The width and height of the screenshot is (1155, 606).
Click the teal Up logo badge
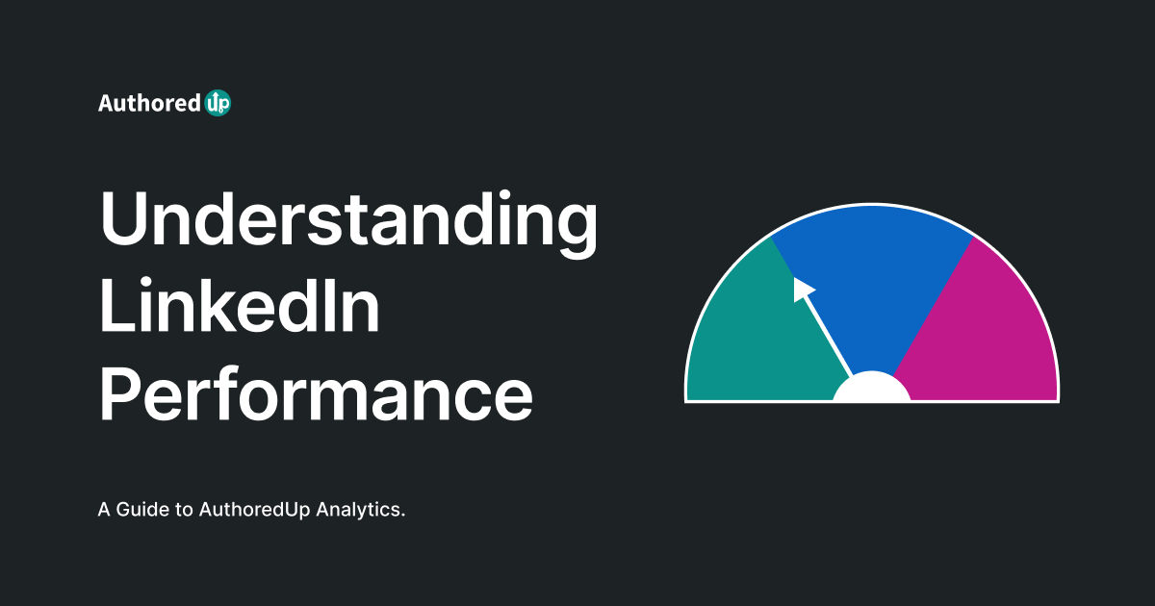pos(218,103)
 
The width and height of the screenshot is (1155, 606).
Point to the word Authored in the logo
pos(148,103)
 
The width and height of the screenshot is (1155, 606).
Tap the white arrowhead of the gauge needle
pos(802,289)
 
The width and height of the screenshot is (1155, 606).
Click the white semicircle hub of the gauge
pos(871,390)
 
